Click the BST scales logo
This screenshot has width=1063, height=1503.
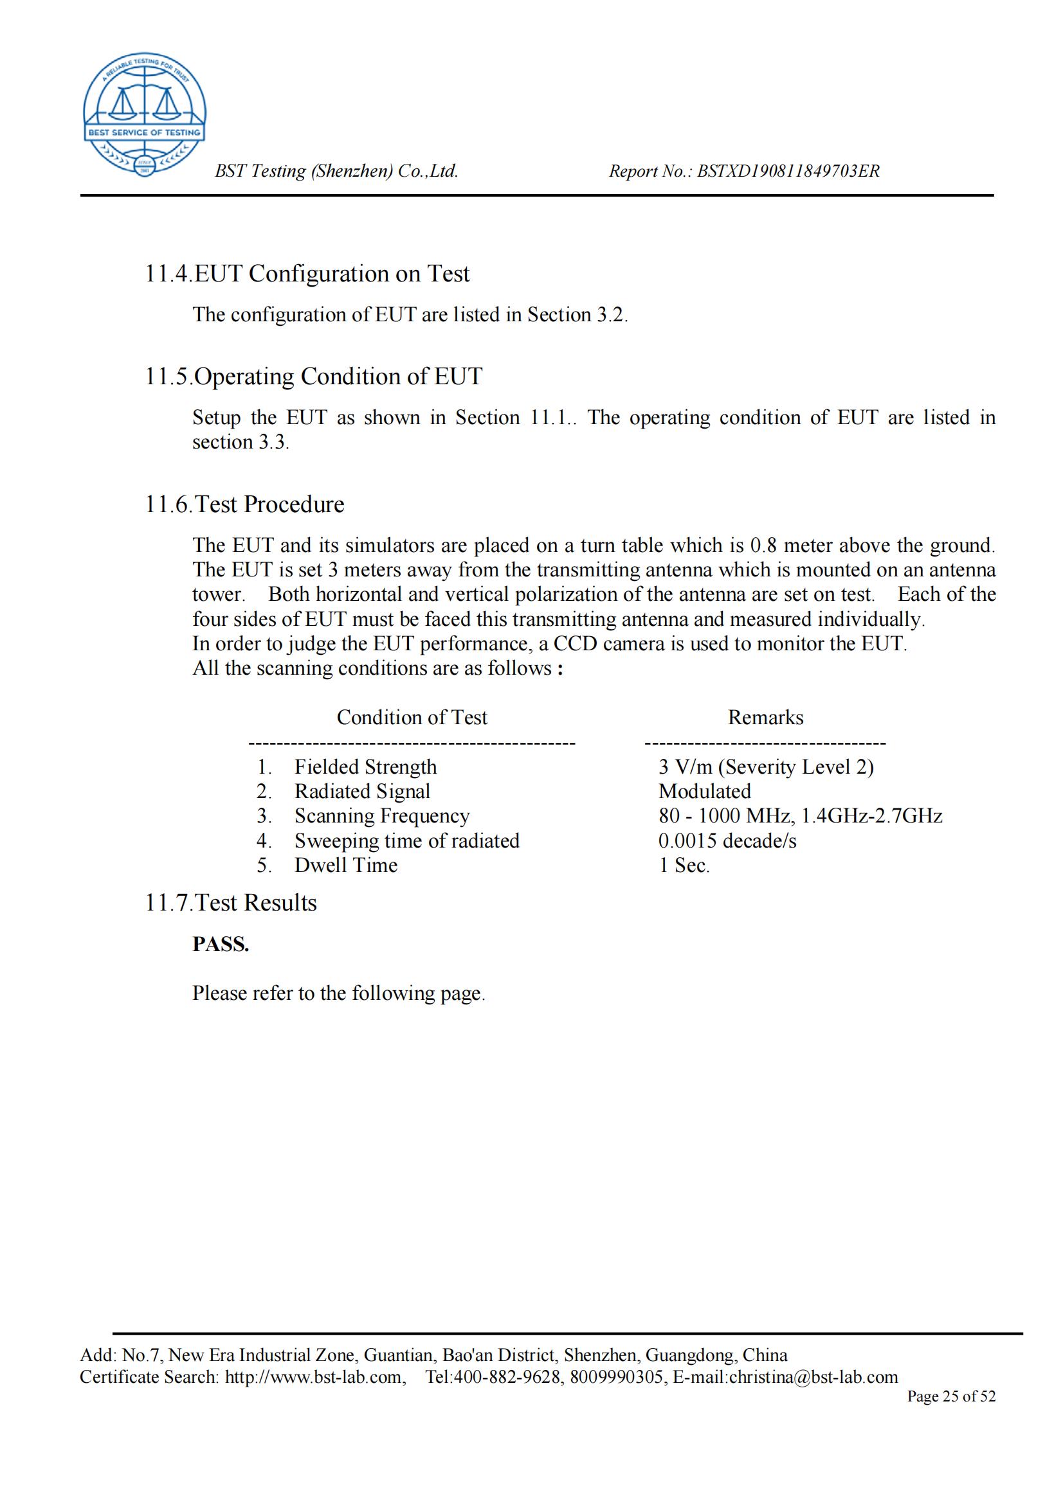click(x=144, y=114)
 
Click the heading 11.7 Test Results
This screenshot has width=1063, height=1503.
click(x=231, y=903)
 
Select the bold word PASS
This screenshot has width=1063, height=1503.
click(x=221, y=944)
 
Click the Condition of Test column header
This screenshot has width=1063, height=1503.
click(x=412, y=718)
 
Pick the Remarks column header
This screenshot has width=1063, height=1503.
click(x=765, y=718)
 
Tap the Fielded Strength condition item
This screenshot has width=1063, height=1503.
click(x=365, y=767)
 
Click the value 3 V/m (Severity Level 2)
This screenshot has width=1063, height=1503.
click(x=766, y=767)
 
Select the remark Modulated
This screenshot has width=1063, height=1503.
click(x=704, y=792)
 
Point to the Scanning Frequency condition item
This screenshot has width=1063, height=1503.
click(x=382, y=816)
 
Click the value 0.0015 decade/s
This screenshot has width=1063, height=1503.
click(x=727, y=840)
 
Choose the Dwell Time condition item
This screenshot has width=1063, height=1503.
click(x=346, y=866)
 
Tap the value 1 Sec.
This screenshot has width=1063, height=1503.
click(x=684, y=866)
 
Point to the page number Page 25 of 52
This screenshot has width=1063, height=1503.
click(x=950, y=1396)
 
